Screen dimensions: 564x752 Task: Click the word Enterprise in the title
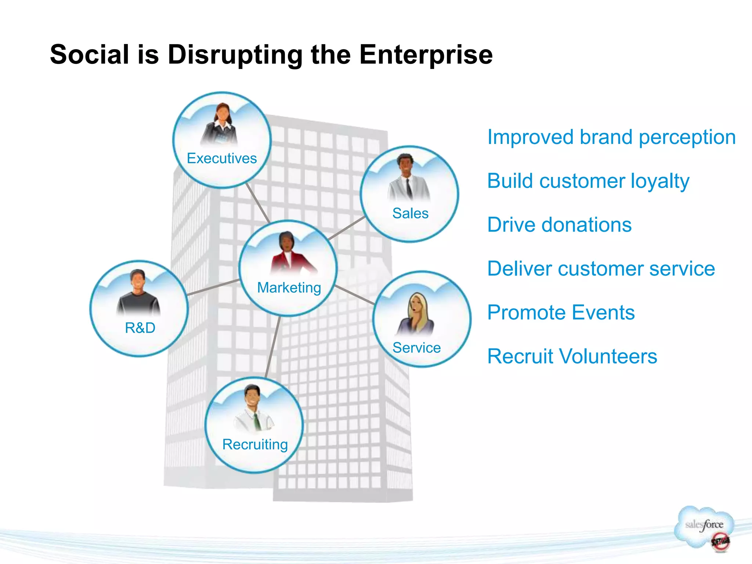(x=426, y=55)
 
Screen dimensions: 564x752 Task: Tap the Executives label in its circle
(x=222, y=158)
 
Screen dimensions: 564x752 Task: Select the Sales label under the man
(x=410, y=213)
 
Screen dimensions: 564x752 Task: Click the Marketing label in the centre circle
(x=289, y=288)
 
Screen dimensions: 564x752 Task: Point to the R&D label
(x=140, y=328)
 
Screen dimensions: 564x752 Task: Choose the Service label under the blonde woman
(x=416, y=348)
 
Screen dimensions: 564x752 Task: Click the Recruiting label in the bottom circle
(x=255, y=444)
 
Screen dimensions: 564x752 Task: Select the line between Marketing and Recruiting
(x=273, y=347)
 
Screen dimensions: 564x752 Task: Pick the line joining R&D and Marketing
(x=213, y=288)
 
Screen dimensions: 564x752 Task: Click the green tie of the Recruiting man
(x=257, y=422)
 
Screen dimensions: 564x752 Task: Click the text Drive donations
(x=559, y=225)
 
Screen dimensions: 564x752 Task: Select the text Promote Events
(x=561, y=312)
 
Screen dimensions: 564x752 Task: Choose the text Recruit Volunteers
(x=572, y=356)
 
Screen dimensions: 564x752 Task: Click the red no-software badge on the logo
(x=720, y=541)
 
